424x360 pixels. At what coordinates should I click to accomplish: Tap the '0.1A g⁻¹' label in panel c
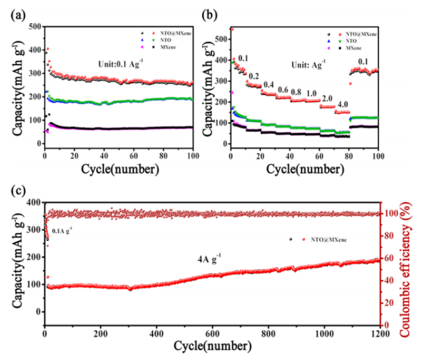pyautogui.click(x=62, y=230)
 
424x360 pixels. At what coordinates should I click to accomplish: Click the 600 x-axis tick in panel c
pyautogui.click(x=212, y=333)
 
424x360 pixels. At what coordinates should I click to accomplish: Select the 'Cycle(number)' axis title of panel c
pyautogui.click(x=213, y=346)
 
